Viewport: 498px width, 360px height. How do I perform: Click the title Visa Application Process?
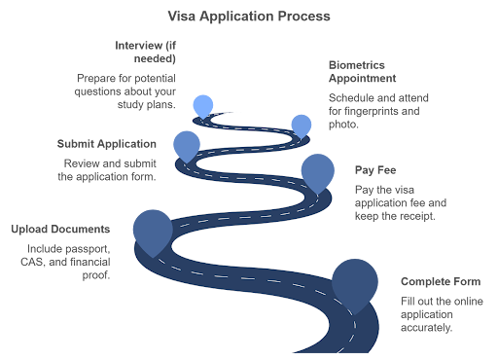pos(249,17)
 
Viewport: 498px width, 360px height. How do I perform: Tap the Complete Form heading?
pos(434,281)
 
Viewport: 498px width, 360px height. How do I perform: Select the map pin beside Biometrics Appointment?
pos(302,124)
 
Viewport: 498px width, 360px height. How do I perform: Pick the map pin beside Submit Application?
pos(186,144)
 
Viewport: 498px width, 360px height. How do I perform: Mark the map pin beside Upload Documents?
pos(150,230)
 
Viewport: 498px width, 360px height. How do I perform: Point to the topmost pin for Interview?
pos(203,105)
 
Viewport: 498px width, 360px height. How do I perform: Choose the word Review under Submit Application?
pos(80,163)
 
